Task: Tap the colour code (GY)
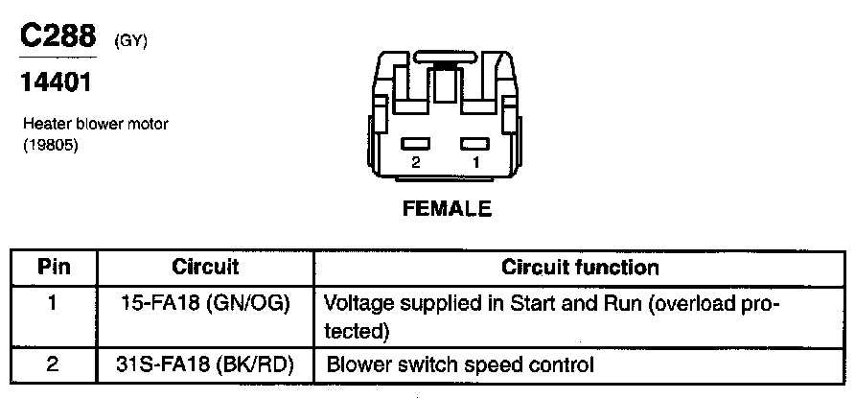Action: click(x=130, y=41)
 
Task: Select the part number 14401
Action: click(x=56, y=83)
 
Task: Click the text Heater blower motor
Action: click(x=88, y=125)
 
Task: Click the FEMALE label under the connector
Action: click(x=447, y=207)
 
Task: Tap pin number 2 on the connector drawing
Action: click(x=415, y=163)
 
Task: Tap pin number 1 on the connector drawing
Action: click(x=475, y=163)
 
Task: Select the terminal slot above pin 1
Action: click(x=474, y=144)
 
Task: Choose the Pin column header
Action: click(x=54, y=268)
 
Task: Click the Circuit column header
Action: click(x=205, y=268)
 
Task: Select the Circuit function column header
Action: click(x=581, y=268)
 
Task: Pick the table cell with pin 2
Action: click(x=54, y=364)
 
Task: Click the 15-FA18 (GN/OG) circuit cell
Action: click(x=205, y=304)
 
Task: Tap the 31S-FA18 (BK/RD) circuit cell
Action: click(x=205, y=364)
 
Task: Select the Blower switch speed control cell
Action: click(x=461, y=364)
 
